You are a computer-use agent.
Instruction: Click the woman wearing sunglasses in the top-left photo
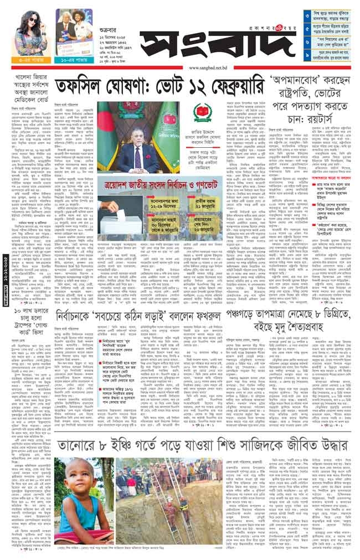click(30, 24)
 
